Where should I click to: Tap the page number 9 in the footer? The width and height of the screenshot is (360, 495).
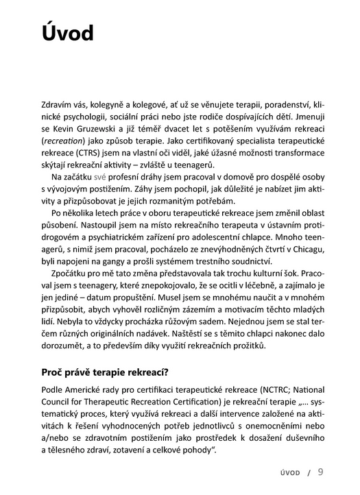pos(321,472)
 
